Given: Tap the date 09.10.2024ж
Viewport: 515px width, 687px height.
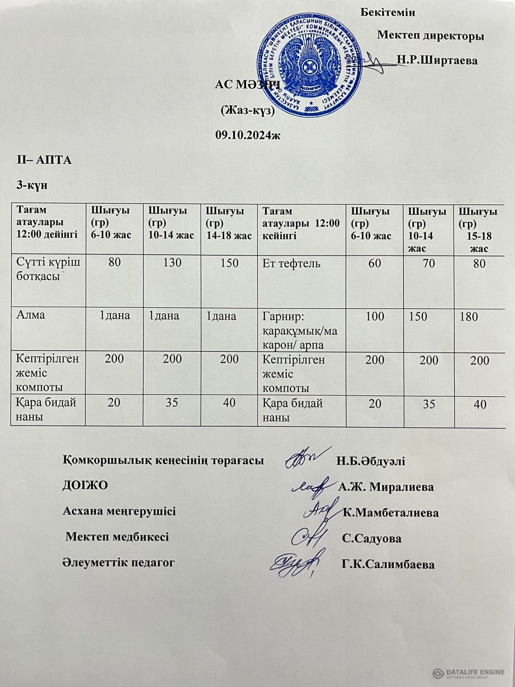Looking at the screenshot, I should (x=248, y=135).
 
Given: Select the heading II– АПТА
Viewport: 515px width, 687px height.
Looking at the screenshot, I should (x=44, y=160).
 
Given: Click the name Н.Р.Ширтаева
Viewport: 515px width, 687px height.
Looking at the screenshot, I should (x=437, y=60).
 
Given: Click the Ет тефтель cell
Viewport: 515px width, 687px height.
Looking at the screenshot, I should (x=291, y=263).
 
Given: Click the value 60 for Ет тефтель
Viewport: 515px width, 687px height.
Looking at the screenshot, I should (x=374, y=263).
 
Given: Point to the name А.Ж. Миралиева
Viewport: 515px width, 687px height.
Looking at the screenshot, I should (x=386, y=487).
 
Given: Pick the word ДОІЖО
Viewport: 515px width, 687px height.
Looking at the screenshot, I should (x=85, y=486).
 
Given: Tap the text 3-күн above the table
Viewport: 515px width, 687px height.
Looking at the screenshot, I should (x=31, y=185).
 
